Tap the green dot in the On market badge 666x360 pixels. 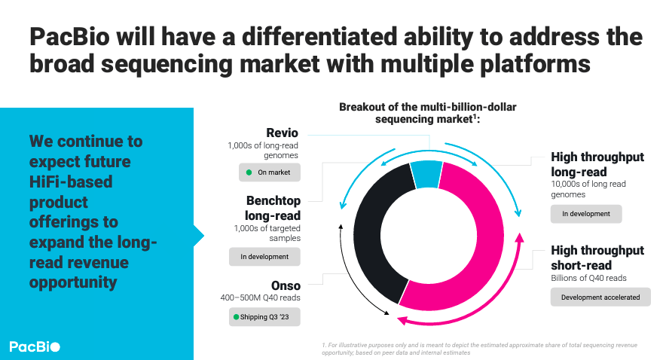pyautogui.click(x=249, y=172)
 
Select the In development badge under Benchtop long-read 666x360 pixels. pyautogui.click(x=264, y=257)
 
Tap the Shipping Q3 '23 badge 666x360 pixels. pyautogui.click(x=264, y=317)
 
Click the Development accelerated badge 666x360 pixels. pyautogui.click(x=600, y=297)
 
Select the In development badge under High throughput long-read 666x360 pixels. pyautogui.click(x=585, y=214)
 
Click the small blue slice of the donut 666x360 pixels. pyautogui.click(x=426, y=174)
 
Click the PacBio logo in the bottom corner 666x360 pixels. pyautogui.click(x=35, y=346)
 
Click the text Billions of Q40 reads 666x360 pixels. pyautogui.click(x=589, y=278)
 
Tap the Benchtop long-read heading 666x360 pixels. pyautogui.click(x=273, y=209)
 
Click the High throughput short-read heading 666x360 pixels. pyautogui.click(x=597, y=258)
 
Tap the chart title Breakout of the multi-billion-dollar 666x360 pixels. pyautogui.click(x=427, y=107)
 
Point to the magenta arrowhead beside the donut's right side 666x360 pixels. pyautogui.click(x=519, y=239)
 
